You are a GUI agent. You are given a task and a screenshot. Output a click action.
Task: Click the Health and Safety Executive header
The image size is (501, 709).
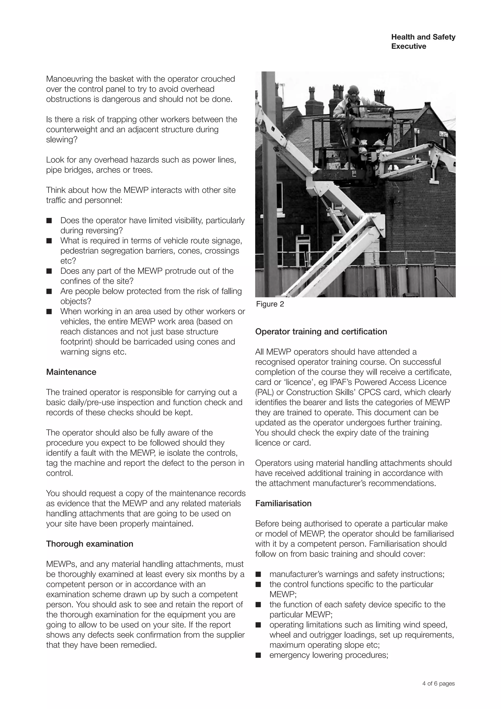[423, 42]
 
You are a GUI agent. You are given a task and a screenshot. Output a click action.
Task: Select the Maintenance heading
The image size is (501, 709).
[71, 372]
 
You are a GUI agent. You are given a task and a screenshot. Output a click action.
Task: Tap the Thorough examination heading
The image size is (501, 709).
[90, 544]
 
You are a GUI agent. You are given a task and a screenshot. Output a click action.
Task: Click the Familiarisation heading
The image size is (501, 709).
[283, 503]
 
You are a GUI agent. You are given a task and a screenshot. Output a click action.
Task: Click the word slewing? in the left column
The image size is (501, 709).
[62, 140]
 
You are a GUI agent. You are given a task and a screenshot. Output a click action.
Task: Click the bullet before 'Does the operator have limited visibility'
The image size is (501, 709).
[49, 221]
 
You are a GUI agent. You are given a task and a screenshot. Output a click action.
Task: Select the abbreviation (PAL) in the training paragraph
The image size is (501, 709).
[263, 392]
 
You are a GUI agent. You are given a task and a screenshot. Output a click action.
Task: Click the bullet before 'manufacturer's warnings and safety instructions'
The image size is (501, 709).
[258, 574]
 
